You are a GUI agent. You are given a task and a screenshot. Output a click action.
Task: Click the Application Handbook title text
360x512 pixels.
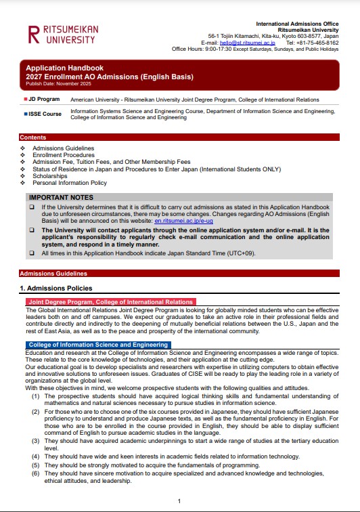click(x=64, y=68)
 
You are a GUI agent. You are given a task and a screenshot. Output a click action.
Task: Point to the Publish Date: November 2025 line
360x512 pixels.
click(x=52, y=83)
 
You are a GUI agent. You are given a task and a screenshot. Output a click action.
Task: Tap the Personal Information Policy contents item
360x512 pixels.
click(x=69, y=183)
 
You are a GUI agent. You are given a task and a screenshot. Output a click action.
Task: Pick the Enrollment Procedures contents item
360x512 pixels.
click(x=64, y=155)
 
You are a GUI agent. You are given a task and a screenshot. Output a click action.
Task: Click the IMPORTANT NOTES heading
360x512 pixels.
click(x=61, y=197)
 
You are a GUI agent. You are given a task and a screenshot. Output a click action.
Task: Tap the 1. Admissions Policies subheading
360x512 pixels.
click(x=59, y=288)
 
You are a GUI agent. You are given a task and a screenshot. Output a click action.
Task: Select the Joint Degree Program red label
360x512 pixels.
click(x=110, y=302)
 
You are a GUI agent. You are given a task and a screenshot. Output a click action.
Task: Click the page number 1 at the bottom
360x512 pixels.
click(x=179, y=500)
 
